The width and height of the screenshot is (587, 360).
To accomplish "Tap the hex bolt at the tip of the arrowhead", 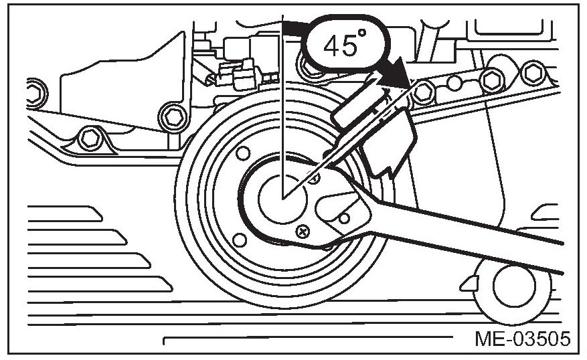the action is click(421, 92).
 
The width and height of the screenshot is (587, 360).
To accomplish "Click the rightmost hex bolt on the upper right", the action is click(533, 72).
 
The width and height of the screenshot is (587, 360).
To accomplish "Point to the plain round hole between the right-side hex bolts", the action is click(454, 84).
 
